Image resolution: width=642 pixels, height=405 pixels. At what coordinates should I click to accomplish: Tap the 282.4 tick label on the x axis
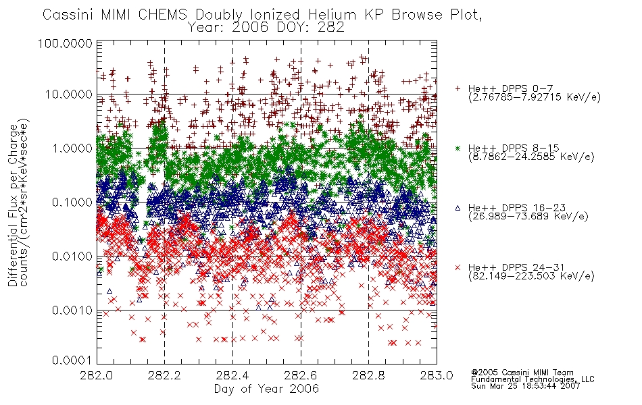point(233,375)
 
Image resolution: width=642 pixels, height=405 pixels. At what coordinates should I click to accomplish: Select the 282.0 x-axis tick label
point(97,375)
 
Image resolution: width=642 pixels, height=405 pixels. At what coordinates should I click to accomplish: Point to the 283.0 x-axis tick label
point(437,375)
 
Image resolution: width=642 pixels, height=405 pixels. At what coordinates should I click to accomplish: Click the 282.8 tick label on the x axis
point(369,375)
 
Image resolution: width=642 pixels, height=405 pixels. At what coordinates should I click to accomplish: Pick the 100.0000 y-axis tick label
point(65,43)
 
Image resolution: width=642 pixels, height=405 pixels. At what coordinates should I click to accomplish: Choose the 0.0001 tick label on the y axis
point(72,360)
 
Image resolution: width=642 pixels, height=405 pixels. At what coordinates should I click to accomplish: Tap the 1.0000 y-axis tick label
point(72,148)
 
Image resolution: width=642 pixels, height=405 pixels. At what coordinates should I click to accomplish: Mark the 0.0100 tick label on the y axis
point(72,256)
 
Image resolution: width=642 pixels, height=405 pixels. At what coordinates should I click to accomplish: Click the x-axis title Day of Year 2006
point(266,389)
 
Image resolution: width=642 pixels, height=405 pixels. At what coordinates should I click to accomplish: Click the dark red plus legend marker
point(458,88)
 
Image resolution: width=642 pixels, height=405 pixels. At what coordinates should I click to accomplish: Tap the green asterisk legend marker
point(458,148)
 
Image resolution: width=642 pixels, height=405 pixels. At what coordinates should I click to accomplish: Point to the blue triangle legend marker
point(458,208)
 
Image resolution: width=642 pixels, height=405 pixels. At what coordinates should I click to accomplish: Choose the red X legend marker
point(458,267)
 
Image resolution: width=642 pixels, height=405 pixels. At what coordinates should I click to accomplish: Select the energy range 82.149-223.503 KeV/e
point(531,276)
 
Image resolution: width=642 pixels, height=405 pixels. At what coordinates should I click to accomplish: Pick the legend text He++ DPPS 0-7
point(511,88)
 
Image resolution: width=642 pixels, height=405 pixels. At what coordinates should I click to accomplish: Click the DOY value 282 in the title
point(330,28)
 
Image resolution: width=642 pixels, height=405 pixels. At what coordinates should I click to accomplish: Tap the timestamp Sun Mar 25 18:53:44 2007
point(526,386)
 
